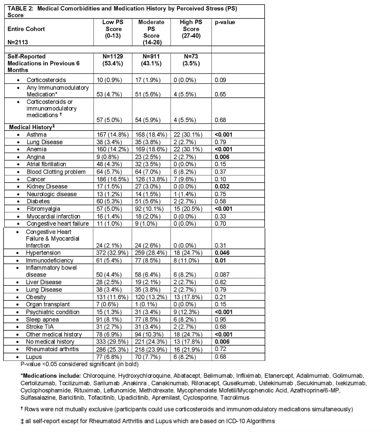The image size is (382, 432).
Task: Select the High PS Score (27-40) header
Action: (191, 29)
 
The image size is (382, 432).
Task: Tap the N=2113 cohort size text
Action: (19, 42)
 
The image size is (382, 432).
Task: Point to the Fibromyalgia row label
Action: (43, 209)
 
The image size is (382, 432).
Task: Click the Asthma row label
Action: (36, 134)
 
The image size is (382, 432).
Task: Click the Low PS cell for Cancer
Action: (113, 179)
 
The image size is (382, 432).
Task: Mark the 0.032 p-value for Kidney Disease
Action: (222, 186)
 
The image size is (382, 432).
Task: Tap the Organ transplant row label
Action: (48, 304)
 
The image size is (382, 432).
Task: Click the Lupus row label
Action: (34, 357)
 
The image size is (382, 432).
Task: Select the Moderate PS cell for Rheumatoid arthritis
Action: (151, 349)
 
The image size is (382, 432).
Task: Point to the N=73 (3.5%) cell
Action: (191, 60)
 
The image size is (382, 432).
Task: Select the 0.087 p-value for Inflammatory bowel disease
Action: (222, 274)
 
